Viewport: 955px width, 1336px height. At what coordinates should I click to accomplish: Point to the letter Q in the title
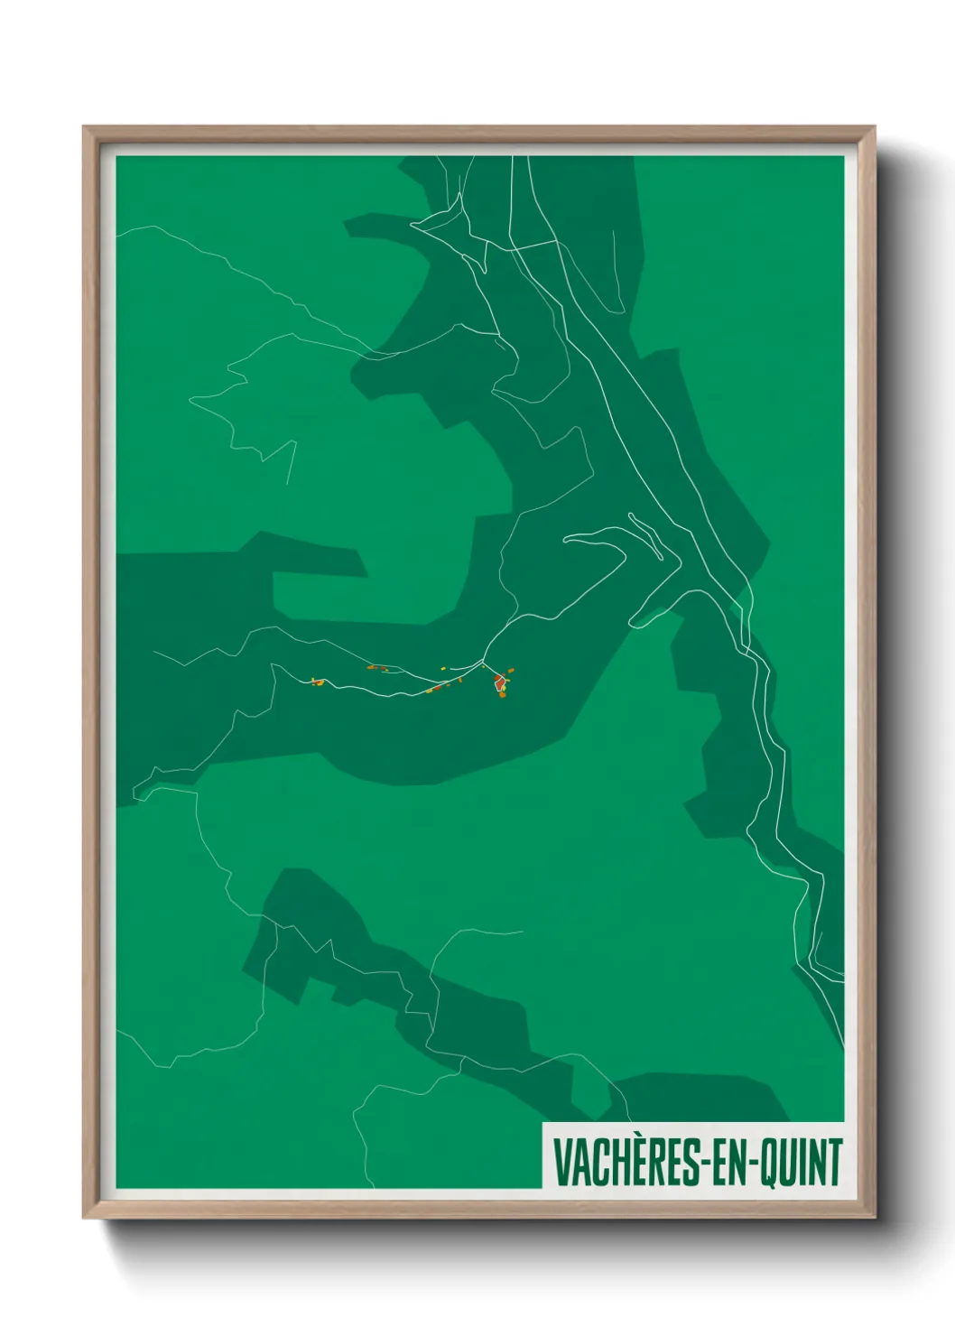tap(769, 1163)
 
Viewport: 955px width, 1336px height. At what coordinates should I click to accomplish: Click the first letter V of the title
tap(561, 1162)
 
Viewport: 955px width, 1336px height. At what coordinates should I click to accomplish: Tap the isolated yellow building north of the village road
tap(443, 668)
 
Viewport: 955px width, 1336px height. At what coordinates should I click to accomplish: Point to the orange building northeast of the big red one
tap(511, 670)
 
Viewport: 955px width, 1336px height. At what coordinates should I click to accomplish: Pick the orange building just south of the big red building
tap(502, 695)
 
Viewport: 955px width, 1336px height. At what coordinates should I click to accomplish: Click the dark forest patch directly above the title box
tap(695, 1097)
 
